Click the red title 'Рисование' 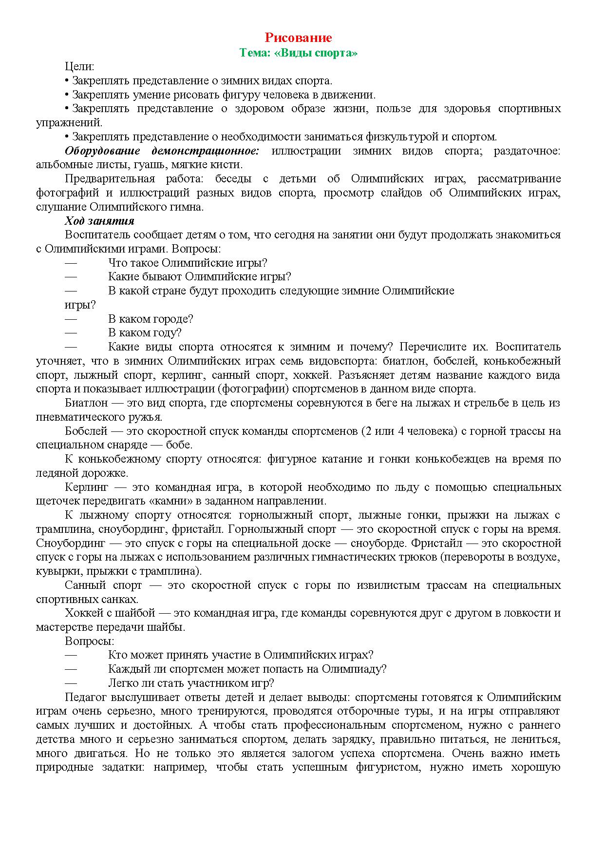[298, 38]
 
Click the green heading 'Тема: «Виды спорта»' [298, 53]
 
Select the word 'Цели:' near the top [79, 67]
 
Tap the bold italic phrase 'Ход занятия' [99, 221]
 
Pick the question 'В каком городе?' [151, 319]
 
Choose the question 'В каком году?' [145, 333]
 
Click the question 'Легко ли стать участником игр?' [191, 683]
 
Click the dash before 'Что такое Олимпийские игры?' [71, 263]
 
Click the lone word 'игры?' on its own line [80, 305]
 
